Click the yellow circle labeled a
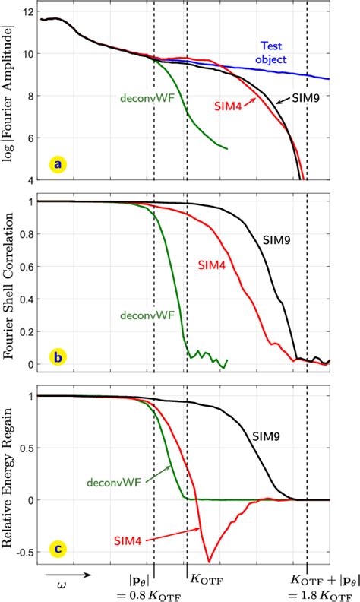[x=55, y=163]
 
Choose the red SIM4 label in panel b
[x=213, y=265]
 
